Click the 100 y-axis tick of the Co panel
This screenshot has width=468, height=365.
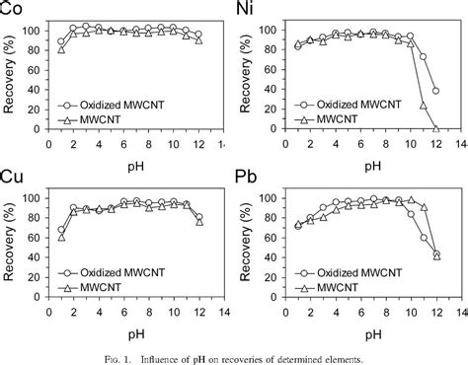tap(39, 31)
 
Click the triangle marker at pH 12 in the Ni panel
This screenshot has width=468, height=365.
tap(436, 128)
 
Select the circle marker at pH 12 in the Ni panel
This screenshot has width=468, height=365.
tap(436, 91)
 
